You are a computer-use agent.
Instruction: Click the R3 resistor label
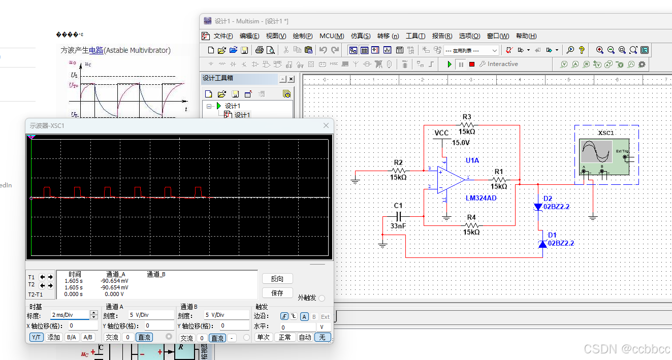click(x=467, y=117)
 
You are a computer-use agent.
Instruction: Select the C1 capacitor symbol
click(x=400, y=217)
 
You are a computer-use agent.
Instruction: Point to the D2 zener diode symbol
click(x=538, y=207)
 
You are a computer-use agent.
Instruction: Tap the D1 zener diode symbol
click(x=542, y=244)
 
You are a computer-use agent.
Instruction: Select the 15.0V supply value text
click(x=461, y=143)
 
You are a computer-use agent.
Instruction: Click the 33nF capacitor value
click(x=398, y=226)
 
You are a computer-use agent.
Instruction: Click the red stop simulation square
click(x=472, y=64)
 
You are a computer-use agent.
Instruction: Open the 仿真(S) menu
click(x=360, y=36)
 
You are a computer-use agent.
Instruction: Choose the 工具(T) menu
click(x=415, y=36)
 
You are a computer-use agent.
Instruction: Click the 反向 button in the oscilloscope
click(x=277, y=279)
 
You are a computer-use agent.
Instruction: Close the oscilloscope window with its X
click(x=326, y=125)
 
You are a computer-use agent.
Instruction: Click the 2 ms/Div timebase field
click(x=70, y=315)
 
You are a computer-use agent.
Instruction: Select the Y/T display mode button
click(x=36, y=337)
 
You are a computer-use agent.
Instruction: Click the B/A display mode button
click(x=71, y=337)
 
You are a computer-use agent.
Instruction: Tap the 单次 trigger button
click(x=263, y=337)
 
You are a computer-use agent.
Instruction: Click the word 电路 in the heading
click(x=96, y=50)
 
